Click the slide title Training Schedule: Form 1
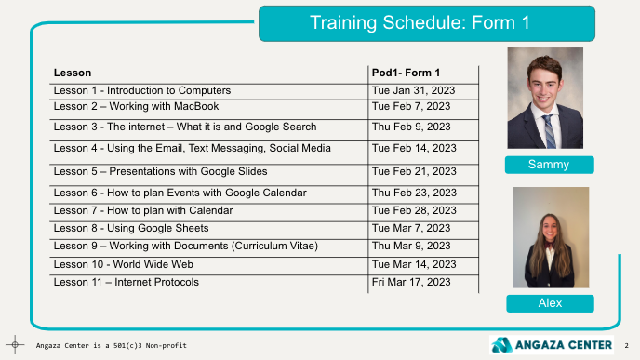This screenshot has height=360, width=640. coord(420,22)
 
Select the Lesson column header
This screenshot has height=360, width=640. coord(73,73)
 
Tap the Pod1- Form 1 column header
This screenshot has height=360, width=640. coord(406,73)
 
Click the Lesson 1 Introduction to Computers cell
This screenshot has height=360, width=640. coord(142,90)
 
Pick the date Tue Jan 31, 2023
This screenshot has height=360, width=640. coord(413,90)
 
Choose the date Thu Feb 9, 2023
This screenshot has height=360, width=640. coord(411,127)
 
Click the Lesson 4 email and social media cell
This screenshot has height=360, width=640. coord(192,148)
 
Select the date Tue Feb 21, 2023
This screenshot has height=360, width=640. coord(414,171)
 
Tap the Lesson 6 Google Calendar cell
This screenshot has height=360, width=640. coord(180,193)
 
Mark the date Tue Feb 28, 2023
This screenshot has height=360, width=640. coord(414,210)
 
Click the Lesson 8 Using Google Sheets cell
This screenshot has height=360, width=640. coord(131,228)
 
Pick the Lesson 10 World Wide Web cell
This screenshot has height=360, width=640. coord(124,264)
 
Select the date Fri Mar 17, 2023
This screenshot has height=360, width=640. coord(411,282)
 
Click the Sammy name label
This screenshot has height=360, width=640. coord(550,165)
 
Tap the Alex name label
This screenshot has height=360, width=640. coord(550,303)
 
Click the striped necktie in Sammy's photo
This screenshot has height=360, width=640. coord(550,130)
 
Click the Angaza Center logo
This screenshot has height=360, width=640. coord(552,345)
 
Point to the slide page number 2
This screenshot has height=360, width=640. coord(627,346)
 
